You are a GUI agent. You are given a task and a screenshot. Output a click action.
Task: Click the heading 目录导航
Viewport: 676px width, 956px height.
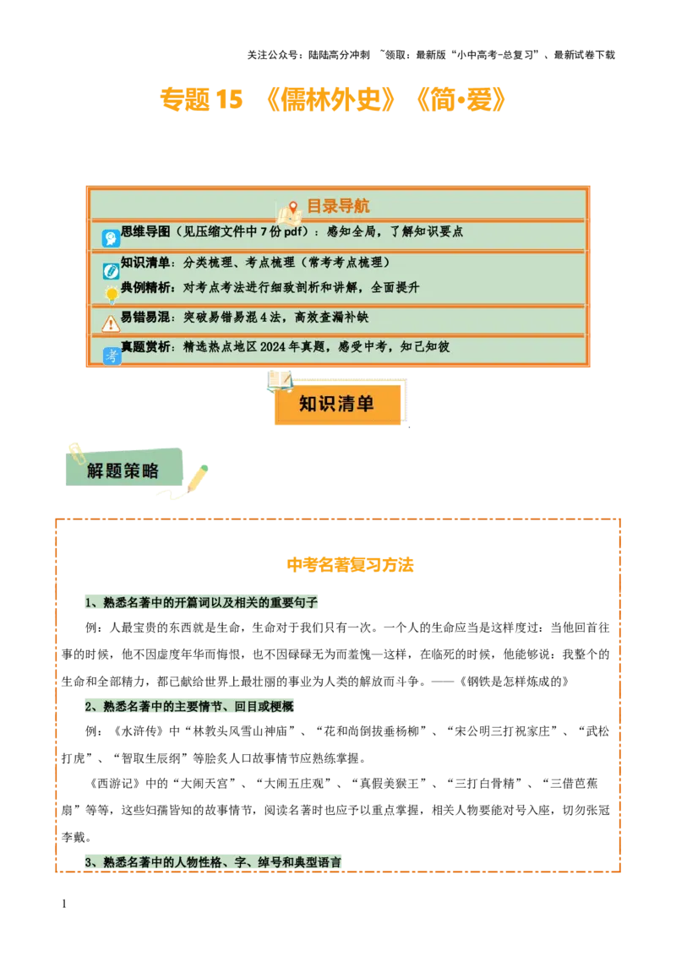pyautogui.click(x=337, y=206)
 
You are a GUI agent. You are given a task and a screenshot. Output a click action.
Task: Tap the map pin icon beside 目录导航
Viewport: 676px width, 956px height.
pyautogui.click(x=292, y=208)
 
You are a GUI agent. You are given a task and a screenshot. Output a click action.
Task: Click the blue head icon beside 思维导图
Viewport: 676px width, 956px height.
pyautogui.click(x=111, y=238)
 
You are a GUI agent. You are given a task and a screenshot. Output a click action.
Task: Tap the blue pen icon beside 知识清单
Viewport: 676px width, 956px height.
pyautogui.click(x=111, y=271)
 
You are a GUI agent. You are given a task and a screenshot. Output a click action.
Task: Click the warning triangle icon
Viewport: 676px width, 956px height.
pyautogui.click(x=111, y=323)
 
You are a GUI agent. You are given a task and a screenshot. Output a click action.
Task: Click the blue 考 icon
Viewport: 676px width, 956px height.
pyautogui.click(x=112, y=356)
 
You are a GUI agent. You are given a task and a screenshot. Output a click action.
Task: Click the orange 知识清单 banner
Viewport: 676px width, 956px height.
pyautogui.click(x=337, y=405)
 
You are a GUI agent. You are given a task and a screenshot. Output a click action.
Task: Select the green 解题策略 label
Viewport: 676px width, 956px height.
pyautogui.click(x=123, y=470)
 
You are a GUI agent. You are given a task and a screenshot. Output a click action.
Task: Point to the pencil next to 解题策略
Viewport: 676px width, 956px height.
pyautogui.click(x=198, y=478)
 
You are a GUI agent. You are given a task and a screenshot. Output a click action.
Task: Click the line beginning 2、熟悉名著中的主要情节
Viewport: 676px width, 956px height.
pyautogui.click(x=188, y=707)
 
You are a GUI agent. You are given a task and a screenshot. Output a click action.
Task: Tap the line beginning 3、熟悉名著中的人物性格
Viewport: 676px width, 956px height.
pyautogui.click(x=213, y=862)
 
